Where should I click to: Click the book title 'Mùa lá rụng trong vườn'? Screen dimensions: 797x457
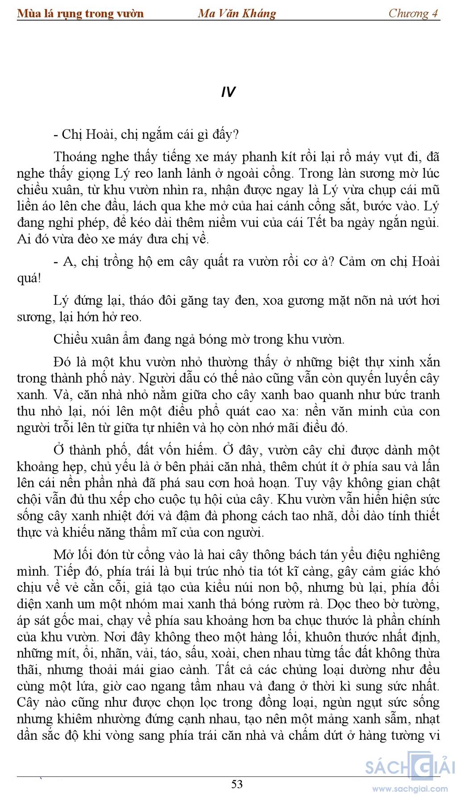coord(80,13)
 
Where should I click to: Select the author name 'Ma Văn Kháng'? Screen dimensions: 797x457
coord(237,13)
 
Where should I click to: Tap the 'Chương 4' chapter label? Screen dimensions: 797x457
coord(413,13)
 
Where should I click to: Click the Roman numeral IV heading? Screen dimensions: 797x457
coord(228,92)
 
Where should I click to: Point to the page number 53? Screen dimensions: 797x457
coord(237,784)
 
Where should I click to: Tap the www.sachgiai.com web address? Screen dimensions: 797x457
coord(410,789)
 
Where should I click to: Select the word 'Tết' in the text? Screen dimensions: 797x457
coord(316,222)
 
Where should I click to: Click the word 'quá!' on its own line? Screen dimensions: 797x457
coord(29,278)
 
